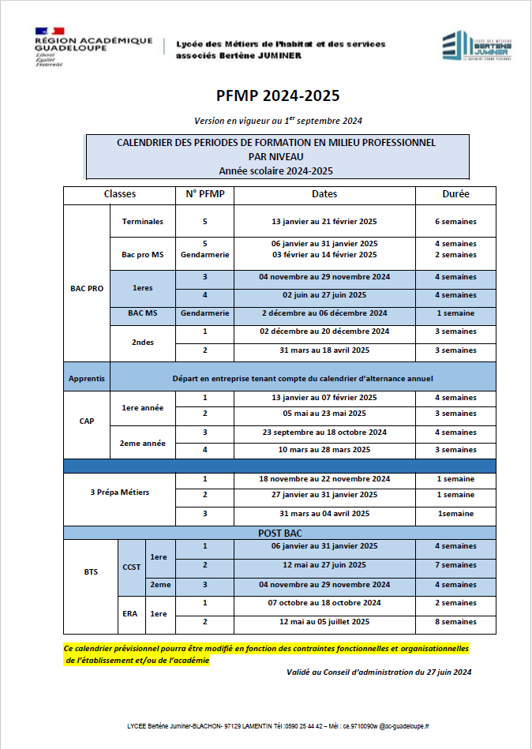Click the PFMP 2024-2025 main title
click(278, 96)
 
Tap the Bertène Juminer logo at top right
click(476, 47)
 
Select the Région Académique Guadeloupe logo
click(93, 47)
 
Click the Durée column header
click(455, 194)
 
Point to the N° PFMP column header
click(204, 194)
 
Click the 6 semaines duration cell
click(455, 222)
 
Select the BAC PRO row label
click(87, 289)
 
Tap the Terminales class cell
click(143, 222)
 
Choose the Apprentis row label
click(87, 379)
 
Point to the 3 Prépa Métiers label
click(120, 492)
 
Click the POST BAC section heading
click(279, 533)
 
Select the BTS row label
click(91, 571)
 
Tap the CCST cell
click(131, 567)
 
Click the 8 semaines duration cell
click(455, 622)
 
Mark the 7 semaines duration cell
click(455, 565)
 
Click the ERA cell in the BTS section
click(131, 613)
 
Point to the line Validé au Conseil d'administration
click(379, 672)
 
